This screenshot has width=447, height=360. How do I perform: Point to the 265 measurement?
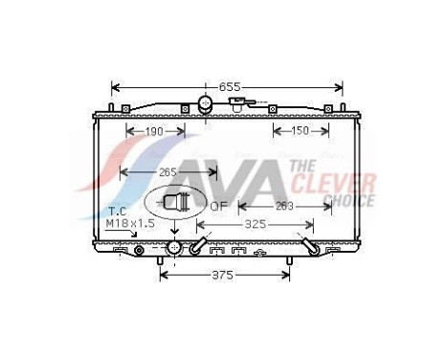coord(168,173)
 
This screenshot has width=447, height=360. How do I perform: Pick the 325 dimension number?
coord(255,226)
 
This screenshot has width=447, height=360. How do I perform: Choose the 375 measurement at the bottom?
coord(223,275)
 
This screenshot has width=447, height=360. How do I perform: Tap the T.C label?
coord(117,210)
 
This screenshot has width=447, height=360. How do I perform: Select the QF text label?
coord(218,204)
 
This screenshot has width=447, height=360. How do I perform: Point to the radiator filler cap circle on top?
coord(205,103)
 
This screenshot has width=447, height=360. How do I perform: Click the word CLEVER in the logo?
coord(345,183)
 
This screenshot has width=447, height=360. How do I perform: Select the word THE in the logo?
coord(305,167)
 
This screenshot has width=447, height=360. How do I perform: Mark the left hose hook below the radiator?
coord(196,247)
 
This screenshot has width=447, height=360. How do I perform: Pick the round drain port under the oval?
coord(173,248)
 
